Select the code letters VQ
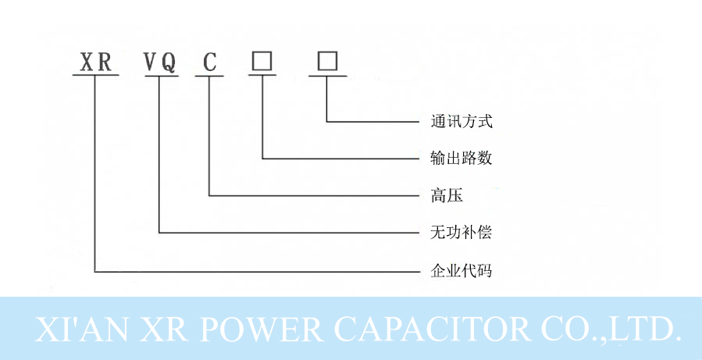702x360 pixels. pos(159,62)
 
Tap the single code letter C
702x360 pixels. pos(209,62)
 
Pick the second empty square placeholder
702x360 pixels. pos(327,61)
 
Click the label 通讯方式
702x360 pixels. pos(461,121)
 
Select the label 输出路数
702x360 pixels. pos(461,158)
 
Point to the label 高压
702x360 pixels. pos(447,195)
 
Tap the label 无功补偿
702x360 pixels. pos(461,233)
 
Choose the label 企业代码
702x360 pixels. pos(461,271)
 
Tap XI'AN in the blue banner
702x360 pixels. pos(74,329)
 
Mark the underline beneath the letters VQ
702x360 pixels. pos(159,76)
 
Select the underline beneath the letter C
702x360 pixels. pos(209,76)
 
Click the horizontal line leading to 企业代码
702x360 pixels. pos(258,271)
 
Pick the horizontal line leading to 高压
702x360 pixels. pos(312,194)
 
